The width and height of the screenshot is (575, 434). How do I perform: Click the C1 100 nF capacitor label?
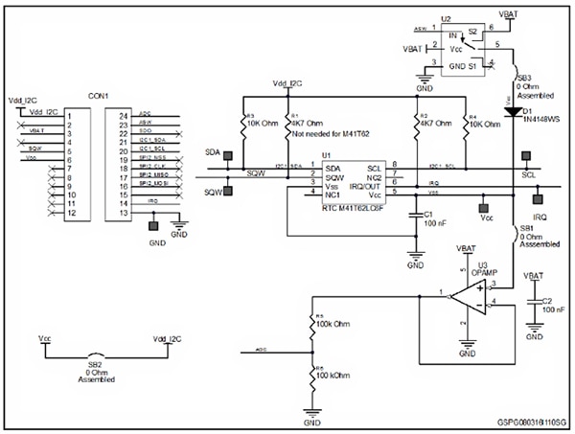[434, 218]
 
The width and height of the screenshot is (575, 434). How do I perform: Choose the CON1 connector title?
[98, 96]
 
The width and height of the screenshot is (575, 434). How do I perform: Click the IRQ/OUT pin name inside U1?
[366, 187]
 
